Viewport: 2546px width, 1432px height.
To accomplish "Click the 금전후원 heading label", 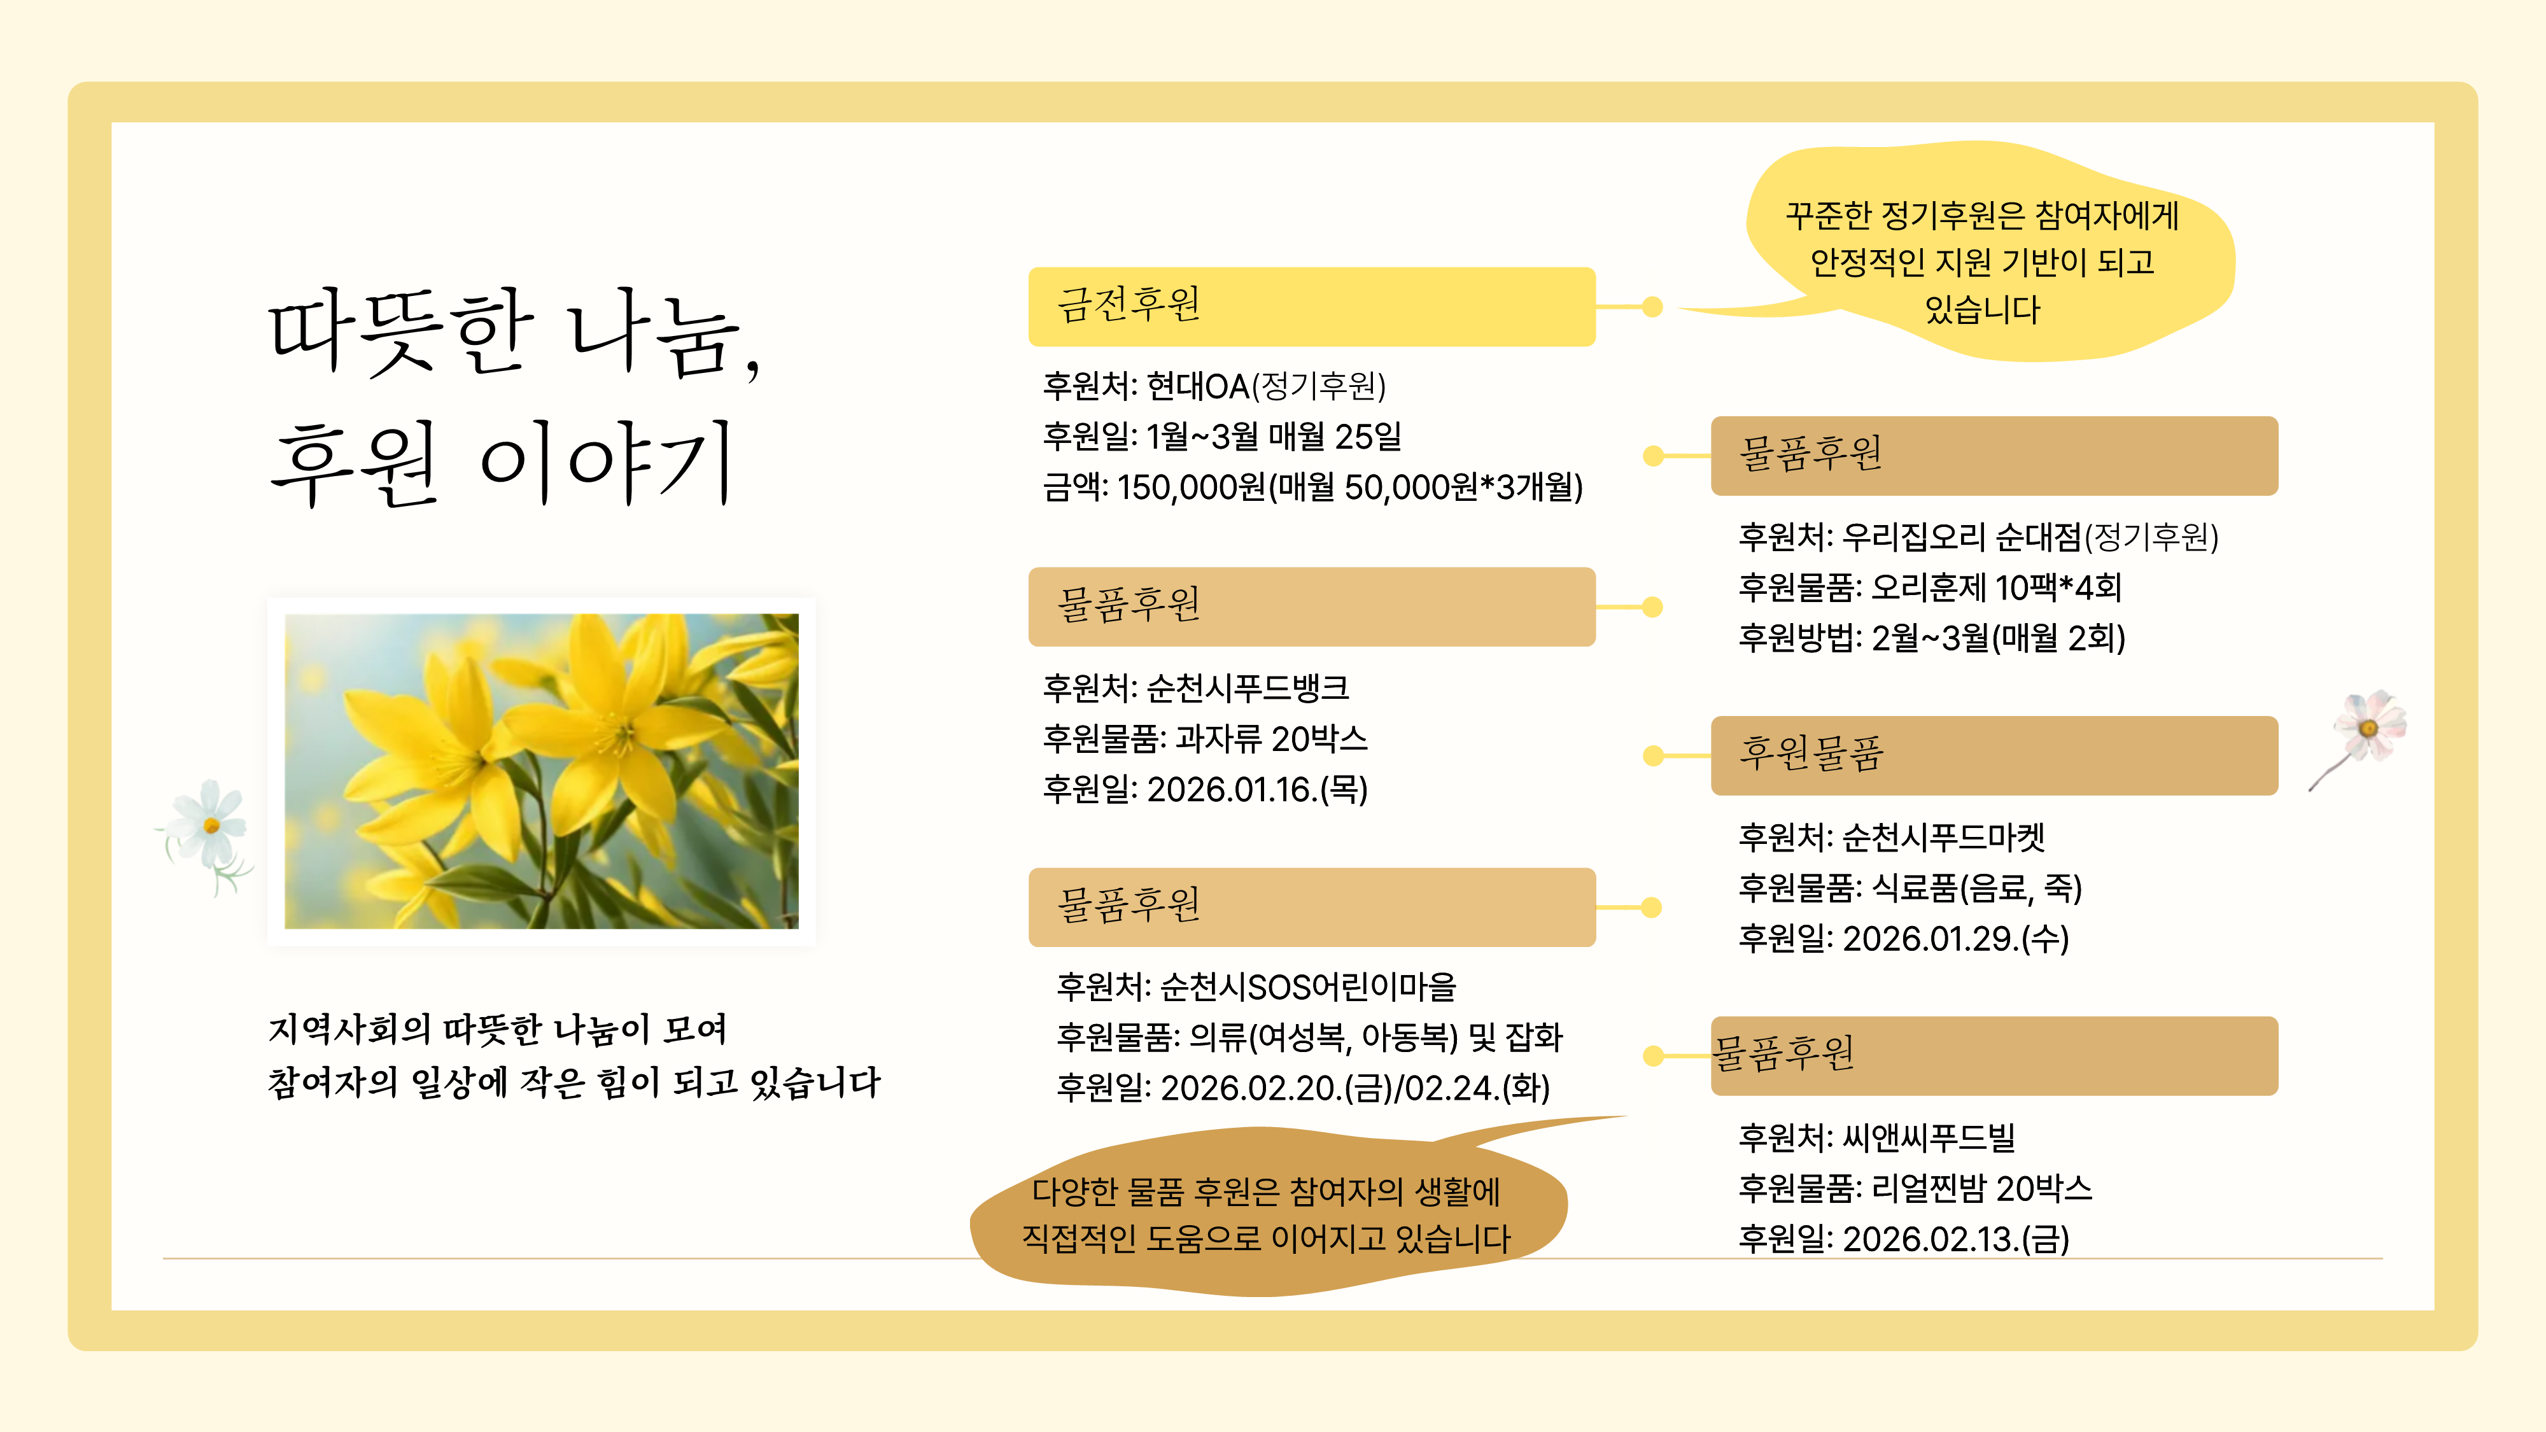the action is (1129, 304).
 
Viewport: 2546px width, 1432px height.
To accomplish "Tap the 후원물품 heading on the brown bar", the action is (1811, 754).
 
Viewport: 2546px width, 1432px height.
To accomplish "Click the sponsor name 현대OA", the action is (1198, 386).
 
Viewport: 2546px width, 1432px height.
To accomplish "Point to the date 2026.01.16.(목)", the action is (1257, 790).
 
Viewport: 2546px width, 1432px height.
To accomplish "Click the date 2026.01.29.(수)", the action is (1956, 939).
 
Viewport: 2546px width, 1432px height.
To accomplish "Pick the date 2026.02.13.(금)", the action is (1956, 1239).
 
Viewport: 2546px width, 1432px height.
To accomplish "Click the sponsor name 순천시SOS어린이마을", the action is (1309, 986).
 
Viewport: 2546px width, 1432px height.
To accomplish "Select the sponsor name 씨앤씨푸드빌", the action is (1929, 1137).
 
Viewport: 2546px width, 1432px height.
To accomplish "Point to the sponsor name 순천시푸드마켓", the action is (1943, 837).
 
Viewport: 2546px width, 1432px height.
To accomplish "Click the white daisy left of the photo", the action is (207, 830).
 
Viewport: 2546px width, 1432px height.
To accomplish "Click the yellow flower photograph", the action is (542, 771).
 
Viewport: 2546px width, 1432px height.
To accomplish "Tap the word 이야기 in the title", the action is (607, 463).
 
